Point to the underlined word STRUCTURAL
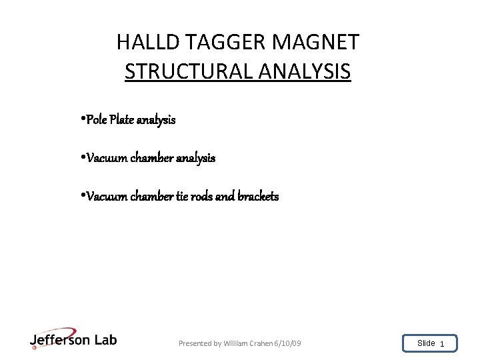tap(187, 71)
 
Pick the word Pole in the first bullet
tap(96, 120)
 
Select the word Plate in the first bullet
tap(121, 120)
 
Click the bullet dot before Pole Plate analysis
tap(81, 120)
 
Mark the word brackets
tap(258, 197)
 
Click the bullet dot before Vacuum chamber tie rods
tap(81, 197)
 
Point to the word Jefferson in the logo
tap(60, 340)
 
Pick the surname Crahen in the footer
tap(262, 343)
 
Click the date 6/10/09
tap(287, 343)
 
